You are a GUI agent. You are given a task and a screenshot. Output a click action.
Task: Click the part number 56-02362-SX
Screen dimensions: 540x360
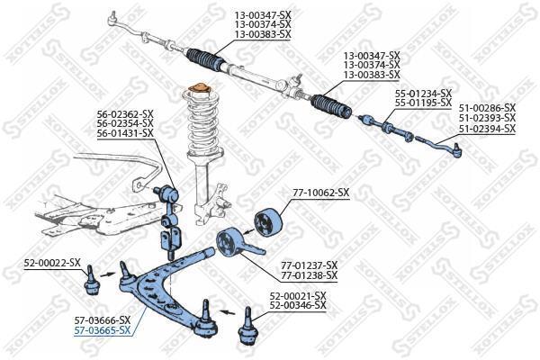point(125,113)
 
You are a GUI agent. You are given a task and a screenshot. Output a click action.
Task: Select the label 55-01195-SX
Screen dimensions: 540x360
point(424,103)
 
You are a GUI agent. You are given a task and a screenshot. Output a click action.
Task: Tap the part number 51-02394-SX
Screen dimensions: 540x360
point(487,129)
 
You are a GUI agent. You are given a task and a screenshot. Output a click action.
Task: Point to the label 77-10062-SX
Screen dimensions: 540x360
point(321,193)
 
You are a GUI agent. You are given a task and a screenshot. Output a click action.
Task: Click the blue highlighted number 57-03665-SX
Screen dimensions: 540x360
point(103,330)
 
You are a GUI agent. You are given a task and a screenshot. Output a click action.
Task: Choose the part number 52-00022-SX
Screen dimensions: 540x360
point(52,263)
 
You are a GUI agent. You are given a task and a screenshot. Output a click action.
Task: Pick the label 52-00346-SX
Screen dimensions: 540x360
point(298,305)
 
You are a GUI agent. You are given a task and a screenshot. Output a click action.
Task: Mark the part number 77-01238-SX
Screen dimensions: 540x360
point(310,275)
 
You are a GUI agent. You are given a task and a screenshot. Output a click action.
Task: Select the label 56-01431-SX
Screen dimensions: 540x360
point(125,132)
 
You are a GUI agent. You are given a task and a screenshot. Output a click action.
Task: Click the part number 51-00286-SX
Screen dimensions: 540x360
point(487,108)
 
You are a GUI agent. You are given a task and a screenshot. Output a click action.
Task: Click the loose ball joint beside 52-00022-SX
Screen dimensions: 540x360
point(91,281)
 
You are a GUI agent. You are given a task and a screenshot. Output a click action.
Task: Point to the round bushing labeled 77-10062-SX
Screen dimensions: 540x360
point(268,223)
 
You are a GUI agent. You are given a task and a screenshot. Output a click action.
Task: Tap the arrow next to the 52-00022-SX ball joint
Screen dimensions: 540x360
point(108,274)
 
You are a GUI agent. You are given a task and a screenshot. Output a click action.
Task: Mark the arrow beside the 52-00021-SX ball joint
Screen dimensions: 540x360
point(228,312)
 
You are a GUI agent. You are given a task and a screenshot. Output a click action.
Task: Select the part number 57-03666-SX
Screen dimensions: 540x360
point(103,320)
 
